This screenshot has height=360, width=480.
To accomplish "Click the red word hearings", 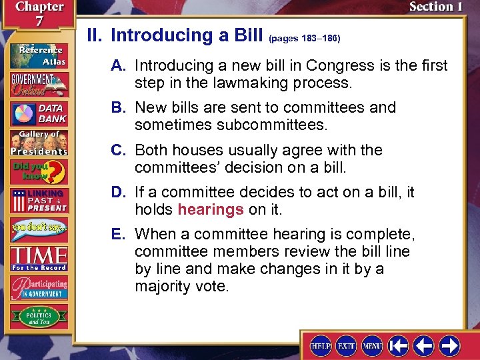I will coord(211,210).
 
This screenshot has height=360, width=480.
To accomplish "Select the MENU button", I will coord(372,345).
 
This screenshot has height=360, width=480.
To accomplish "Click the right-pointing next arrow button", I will coord(449,345).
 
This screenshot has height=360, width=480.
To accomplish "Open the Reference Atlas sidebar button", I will coord(38,55).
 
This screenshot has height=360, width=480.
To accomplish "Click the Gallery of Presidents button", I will coord(38,142).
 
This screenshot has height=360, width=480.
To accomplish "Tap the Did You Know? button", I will coord(38,172).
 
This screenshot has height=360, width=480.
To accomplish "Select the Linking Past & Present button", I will coord(38,201).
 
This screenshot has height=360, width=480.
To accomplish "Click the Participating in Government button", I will coord(38,287).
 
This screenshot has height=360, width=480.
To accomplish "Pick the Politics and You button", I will coord(38,315).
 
